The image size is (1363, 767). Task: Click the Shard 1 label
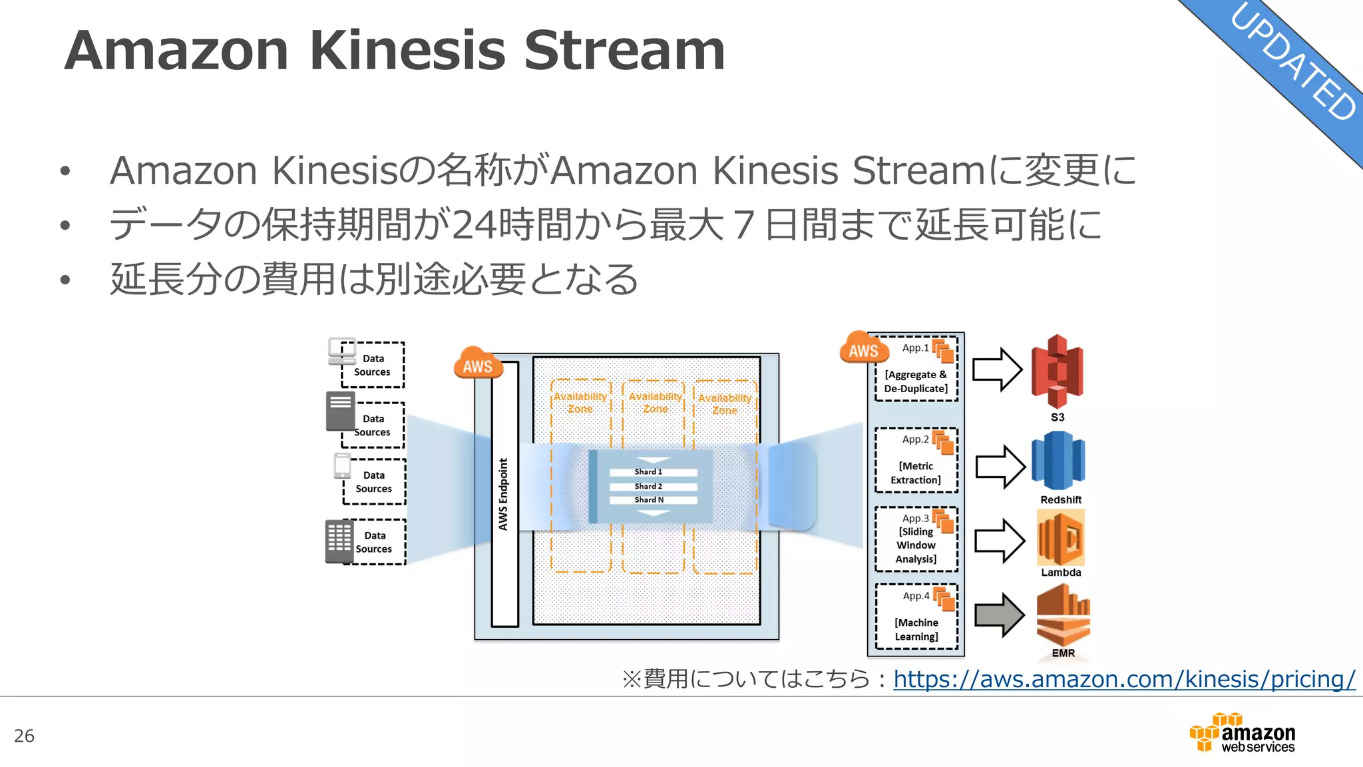pyautogui.click(x=648, y=472)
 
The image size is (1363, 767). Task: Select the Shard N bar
pyautogui.click(x=652, y=500)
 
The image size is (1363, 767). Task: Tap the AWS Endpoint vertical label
pyautogui.click(x=504, y=494)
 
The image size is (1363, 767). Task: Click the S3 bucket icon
pyautogui.click(x=1057, y=371)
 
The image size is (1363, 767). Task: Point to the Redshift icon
pyautogui.click(x=1058, y=461)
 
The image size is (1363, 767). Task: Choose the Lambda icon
pyautogui.click(x=1061, y=538)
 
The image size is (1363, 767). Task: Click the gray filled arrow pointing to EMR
pyautogui.click(x=999, y=615)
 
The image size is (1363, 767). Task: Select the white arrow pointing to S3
pyautogui.click(x=997, y=370)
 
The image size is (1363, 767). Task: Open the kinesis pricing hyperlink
pyautogui.click(x=1124, y=679)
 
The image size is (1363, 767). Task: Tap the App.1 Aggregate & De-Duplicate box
pyautogui.click(x=916, y=369)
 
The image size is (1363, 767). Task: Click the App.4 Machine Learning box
pyautogui.click(x=916, y=617)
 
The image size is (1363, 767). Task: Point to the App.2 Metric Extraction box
pyautogui.click(x=916, y=460)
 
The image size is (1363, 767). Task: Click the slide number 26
pyautogui.click(x=24, y=736)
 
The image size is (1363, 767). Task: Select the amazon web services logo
pyautogui.click(x=1243, y=733)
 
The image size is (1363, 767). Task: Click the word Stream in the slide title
pyautogui.click(x=624, y=51)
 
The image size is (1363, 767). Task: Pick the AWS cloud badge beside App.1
pyautogui.click(x=863, y=349)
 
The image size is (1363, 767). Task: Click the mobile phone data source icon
pyautogui.click(x=342, y=466)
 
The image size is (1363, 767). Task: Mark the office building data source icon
pyautogui.click(x=339, y=541)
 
